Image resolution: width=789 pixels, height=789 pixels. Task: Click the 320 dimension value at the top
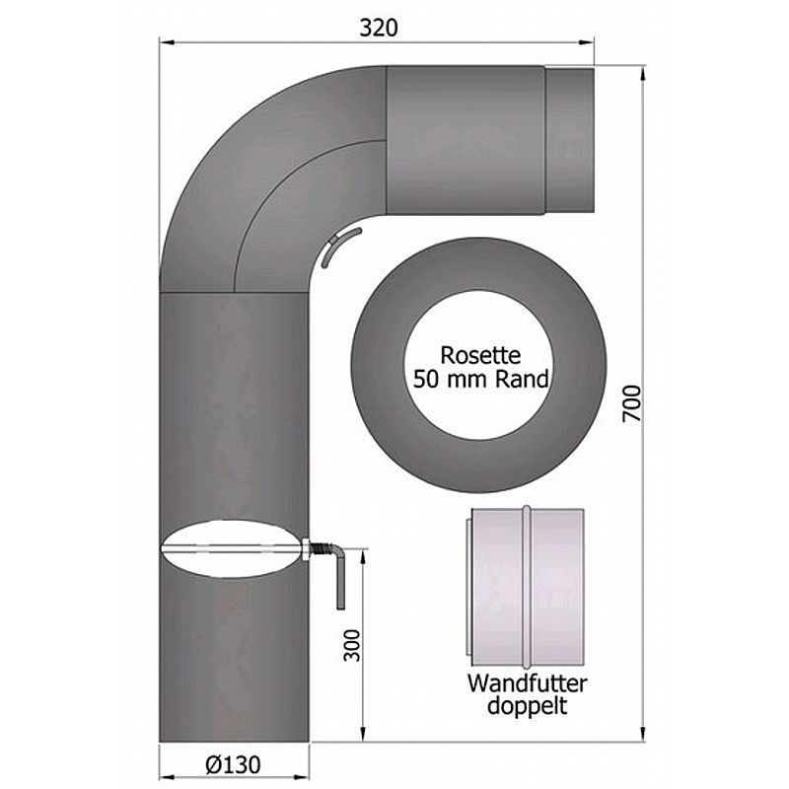(x=379, y=28)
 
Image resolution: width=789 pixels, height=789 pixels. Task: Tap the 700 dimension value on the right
(x=632, y=403)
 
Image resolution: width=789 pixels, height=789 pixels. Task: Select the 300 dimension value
(x=352, y=646)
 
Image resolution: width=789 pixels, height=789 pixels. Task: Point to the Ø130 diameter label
(x=233, y=765)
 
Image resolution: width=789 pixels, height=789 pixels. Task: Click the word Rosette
(x=480, y=355)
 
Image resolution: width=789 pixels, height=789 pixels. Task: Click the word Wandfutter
(x=527, y=683)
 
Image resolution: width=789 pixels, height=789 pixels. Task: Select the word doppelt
(x=527, y=705)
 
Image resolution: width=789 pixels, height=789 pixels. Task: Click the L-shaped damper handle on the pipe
(x=339, y=574)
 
